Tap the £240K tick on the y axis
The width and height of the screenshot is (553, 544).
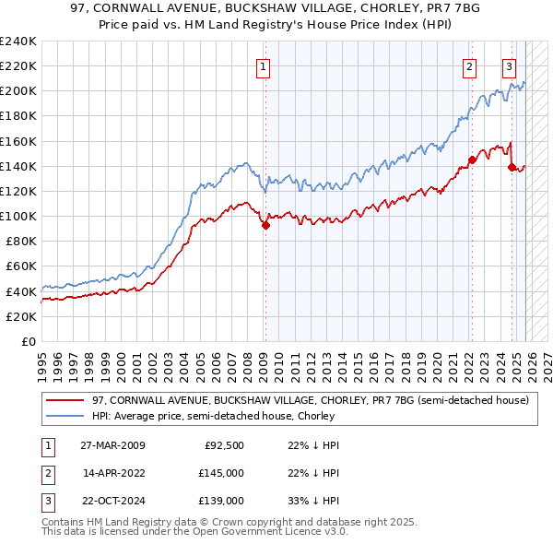(x=18, y=41)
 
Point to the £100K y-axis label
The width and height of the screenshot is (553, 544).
(x=18, y=216)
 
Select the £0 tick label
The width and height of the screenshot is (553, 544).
(x=28, y=341)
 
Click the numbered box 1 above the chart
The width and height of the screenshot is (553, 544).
(x=264, y=65)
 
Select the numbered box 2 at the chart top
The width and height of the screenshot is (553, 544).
(x=470, y=65)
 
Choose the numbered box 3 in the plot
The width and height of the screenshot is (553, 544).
(x=509, y=65)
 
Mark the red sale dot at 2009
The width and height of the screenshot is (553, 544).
(x=265, y=225)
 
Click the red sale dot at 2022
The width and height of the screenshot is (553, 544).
(x=472, y=160)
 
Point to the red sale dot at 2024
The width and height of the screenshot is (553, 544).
(x=512, y=167)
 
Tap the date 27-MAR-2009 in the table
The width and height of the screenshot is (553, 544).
(x=112, y=445)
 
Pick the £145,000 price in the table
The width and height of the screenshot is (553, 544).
(x=221, y=473)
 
